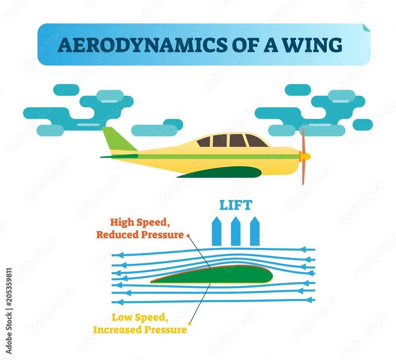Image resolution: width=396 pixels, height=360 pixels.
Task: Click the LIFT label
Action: coord(236,205)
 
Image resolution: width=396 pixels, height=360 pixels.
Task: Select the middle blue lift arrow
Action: coord(236,231)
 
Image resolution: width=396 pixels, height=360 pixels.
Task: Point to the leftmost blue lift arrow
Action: coord(217,231)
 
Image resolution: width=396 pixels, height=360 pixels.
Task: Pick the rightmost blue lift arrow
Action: coord(255,231)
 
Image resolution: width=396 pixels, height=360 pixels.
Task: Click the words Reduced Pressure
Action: coord(140,235)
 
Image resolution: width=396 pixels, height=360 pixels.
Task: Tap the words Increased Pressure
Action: coord(140,330)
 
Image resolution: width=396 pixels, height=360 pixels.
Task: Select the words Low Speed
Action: coord(140,318)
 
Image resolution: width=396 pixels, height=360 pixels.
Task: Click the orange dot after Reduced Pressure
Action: coord(188,236)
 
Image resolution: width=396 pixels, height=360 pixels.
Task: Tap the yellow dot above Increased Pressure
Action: coord(190,323)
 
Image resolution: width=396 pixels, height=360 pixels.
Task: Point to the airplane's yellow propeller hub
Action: coord(305,156)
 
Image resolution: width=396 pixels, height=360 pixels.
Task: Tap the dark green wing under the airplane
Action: coord(222,172)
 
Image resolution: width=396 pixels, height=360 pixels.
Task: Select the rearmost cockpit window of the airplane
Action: coord(204,142)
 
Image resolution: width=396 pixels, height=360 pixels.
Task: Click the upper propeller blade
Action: coord(303,140)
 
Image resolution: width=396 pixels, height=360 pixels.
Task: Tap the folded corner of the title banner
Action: coord(366,27)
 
